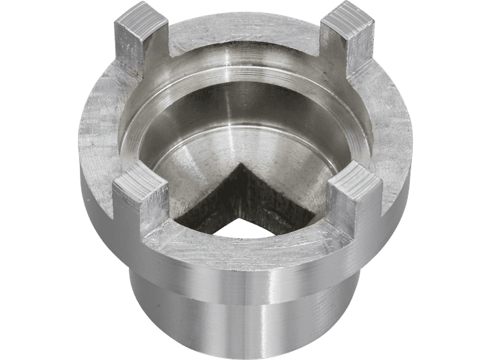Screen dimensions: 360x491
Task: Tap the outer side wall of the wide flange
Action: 98,196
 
